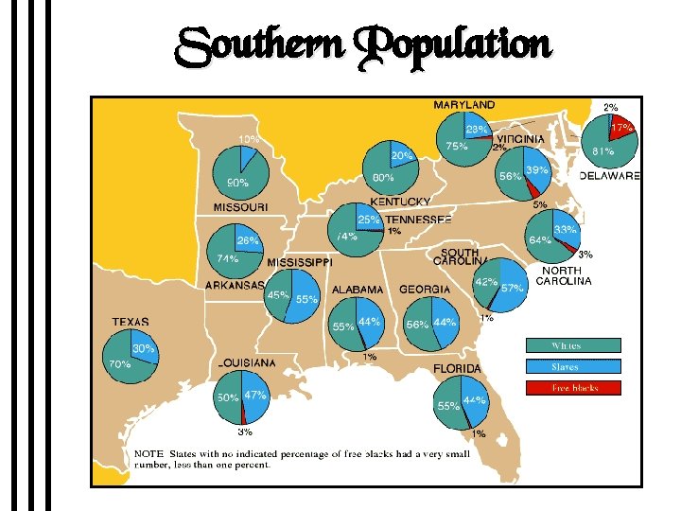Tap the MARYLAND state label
pos(463,104)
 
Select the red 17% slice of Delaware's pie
pos(621,129)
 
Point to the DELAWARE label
pos(609,176)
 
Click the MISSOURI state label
pos(239,206)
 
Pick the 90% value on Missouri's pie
pos(237,183)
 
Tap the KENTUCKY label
pos(400,202)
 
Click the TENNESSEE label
pos(418,219)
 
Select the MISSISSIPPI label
pos(300,262)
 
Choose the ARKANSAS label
pos(235,285)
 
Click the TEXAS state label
pos(131,323)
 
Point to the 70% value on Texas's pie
pos(119,363)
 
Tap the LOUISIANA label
pos(247,362)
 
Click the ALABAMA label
pos(358,290)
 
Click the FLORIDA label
pos(457,368)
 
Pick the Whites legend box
pos(574,345)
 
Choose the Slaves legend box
pos(574,366)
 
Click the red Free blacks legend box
pos(574,387)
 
